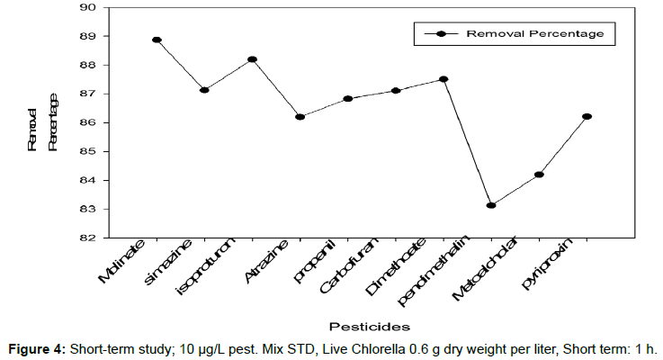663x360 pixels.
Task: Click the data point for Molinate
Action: (157, 40)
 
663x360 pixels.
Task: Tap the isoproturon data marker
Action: (252, 59)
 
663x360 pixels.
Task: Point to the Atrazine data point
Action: (300, 117)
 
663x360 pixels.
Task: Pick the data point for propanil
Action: (347, 99)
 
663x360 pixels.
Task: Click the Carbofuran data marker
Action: (396, 91)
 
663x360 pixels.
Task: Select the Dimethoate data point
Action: (443, 79)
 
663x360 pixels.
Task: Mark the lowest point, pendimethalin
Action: (491, 205)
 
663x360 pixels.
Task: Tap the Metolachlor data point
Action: (539, 175)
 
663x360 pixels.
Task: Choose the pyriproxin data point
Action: (587, 116)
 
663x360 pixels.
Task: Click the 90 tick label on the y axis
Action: (88, 7)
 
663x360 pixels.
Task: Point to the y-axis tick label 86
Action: (88, 122)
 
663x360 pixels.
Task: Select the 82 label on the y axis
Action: (88, 238)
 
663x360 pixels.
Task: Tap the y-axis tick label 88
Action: (88, 65)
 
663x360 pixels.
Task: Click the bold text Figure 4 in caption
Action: (38, 348)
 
